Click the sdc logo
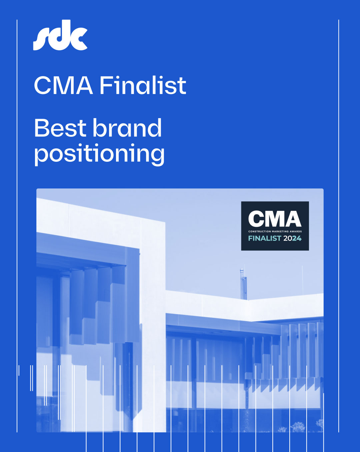tap(60, 35)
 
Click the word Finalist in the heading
tap(143, 85)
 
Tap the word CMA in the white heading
tap(63, 85)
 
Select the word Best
tap(60, 128)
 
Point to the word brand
tap(127, 127)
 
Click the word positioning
tap(99, 154)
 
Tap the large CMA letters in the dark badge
tap(275, 219)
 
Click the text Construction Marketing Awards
tap(275, 232)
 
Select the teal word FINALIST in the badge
tap(265, 239)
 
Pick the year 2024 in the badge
tap(292, 239)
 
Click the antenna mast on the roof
tap(243, 284)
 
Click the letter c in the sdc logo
tap(79, 39)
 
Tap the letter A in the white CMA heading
tap(84, 85)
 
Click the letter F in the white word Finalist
tap(106, 85)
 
